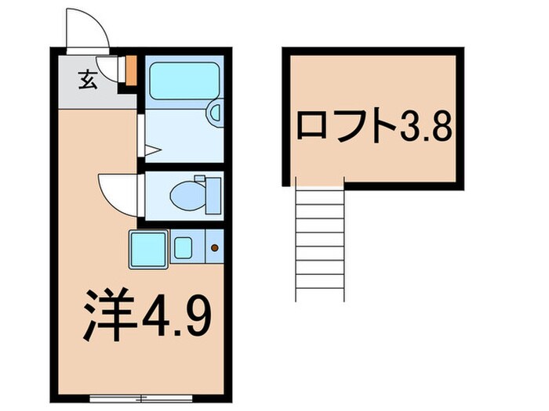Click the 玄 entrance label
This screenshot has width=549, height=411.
pos(87,80)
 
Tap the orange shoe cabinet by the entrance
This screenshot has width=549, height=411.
pos(132,69)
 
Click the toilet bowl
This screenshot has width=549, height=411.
pos(187,193)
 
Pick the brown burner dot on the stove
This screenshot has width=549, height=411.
pos(215,248)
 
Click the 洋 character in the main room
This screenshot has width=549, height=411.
pos(111,314)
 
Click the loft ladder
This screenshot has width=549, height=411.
pos(320,239)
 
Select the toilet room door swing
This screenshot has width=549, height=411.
pos(118,192)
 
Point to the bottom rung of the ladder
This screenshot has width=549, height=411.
pos(320,288)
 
